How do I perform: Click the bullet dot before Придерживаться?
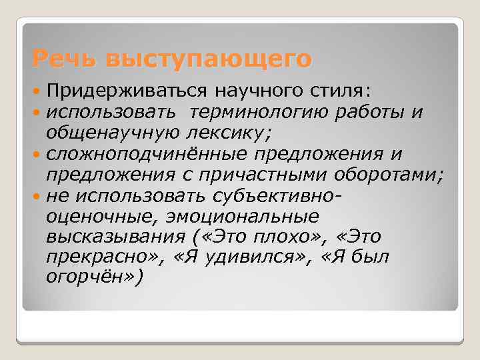(x=37, y=89)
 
